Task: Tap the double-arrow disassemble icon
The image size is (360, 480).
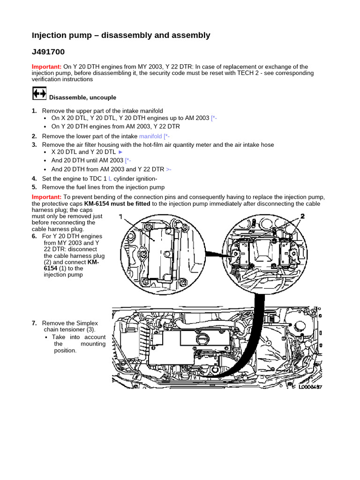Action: pyautogui.click(x=39, y=93)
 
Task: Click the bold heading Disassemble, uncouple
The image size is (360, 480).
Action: pyautogui.click(x=82, y=97)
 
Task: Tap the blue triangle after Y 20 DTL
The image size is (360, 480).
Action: pyautogui.click(x=120, y=152)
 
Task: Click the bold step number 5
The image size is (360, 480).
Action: pyautogui.click(x=34, y=187)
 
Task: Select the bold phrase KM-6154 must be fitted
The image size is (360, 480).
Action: pyautogui.click(x=117, y=204)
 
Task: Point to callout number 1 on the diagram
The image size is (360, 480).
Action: pyautogui.click(x=120, y=217)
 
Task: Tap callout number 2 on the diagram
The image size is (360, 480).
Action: pyautogui.click(x=302, y=216)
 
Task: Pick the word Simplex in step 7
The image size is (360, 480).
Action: pyautogui.click(x=87, y=323)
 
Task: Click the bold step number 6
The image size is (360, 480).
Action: pyautogui.click(x=34, y=237)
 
